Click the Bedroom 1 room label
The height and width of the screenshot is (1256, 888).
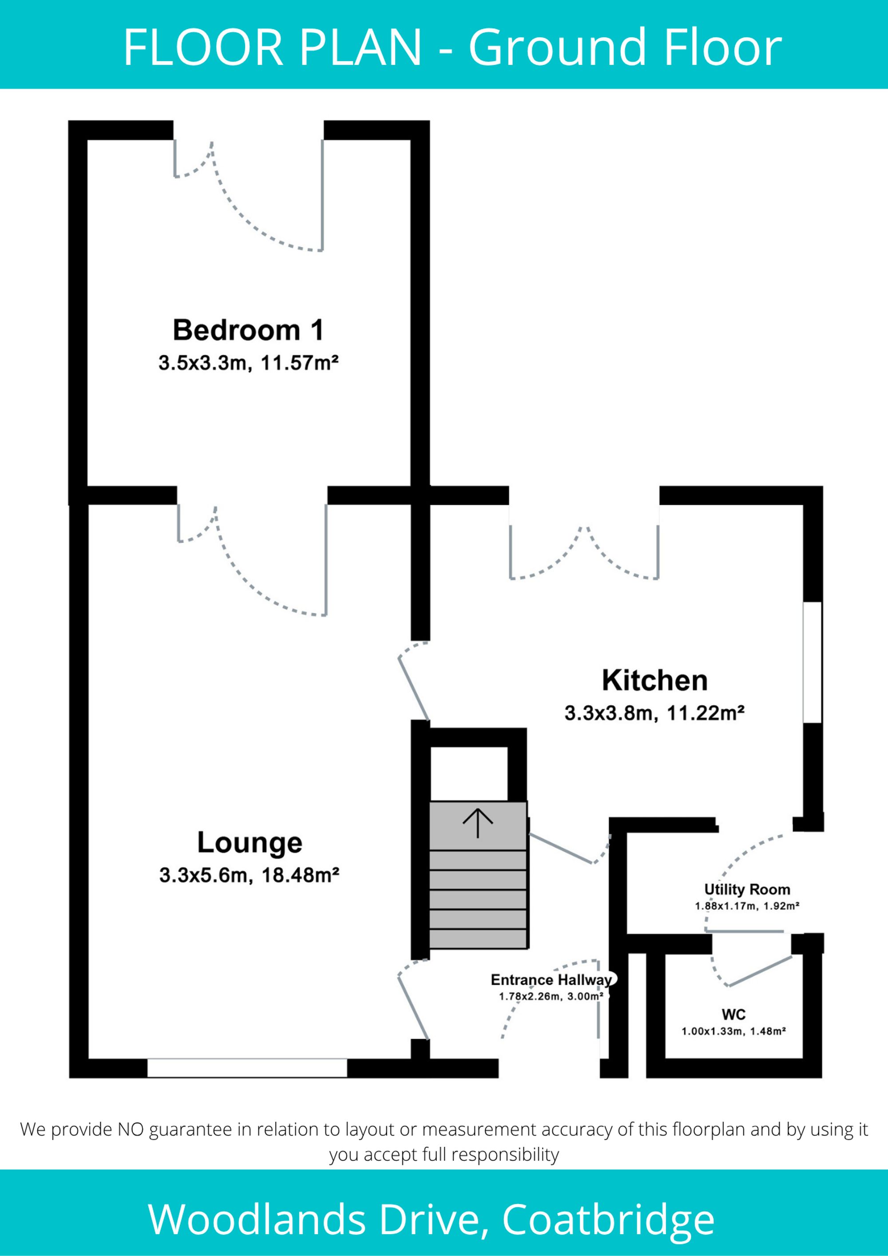click(x=248, y=330)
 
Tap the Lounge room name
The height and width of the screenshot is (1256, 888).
click(x=250, y=843)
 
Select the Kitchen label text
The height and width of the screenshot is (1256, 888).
click(x=655, y=680)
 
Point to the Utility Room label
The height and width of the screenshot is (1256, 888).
click(x=747, y=889)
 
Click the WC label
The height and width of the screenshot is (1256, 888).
click(x=733, y=1015)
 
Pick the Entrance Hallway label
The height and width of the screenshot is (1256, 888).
click(x=552, y=980)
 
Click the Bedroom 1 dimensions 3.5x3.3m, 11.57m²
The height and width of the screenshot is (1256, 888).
click(x=248, y=363)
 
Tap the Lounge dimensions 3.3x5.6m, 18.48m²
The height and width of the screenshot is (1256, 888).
click(x=250, y=875)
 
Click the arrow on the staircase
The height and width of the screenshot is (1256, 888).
click(x=478, y=823)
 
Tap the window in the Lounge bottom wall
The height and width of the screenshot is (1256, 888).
click(x=247, y=1068)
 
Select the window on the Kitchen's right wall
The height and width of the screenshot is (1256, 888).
click(x=813, y=662)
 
